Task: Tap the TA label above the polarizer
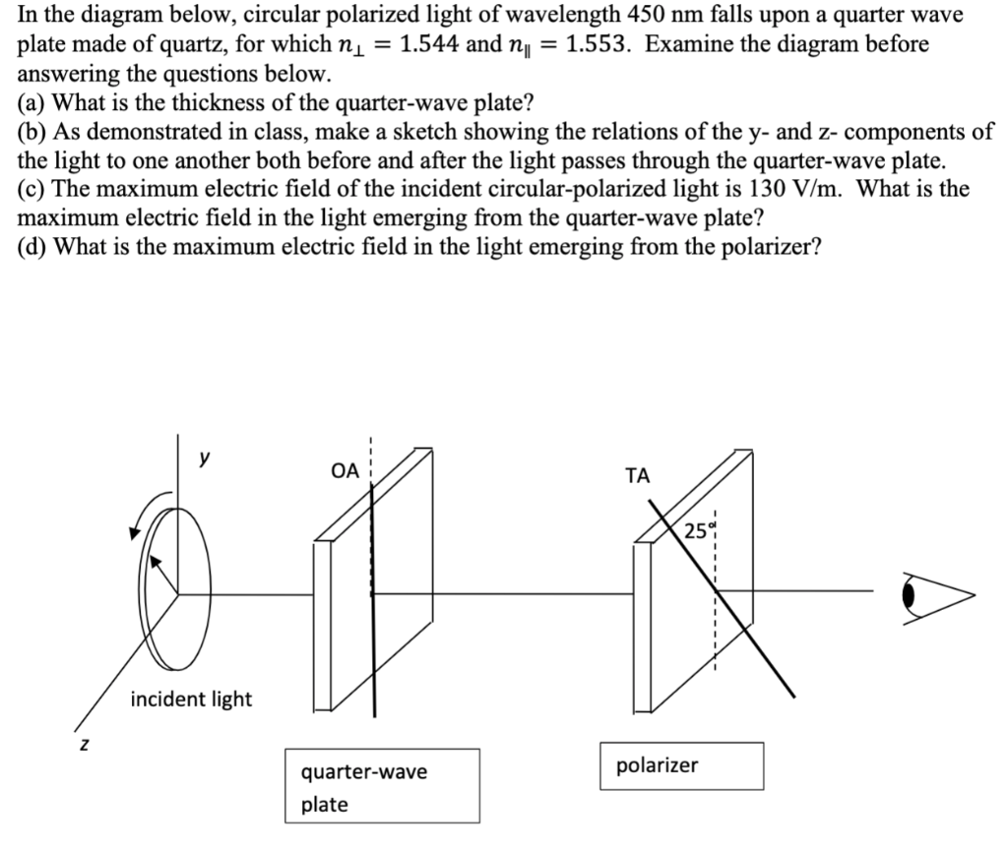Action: coord(637,476)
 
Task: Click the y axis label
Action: coord(205,456)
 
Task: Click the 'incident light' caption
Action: coord(191,700)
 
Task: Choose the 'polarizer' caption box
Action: coord(681,765)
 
